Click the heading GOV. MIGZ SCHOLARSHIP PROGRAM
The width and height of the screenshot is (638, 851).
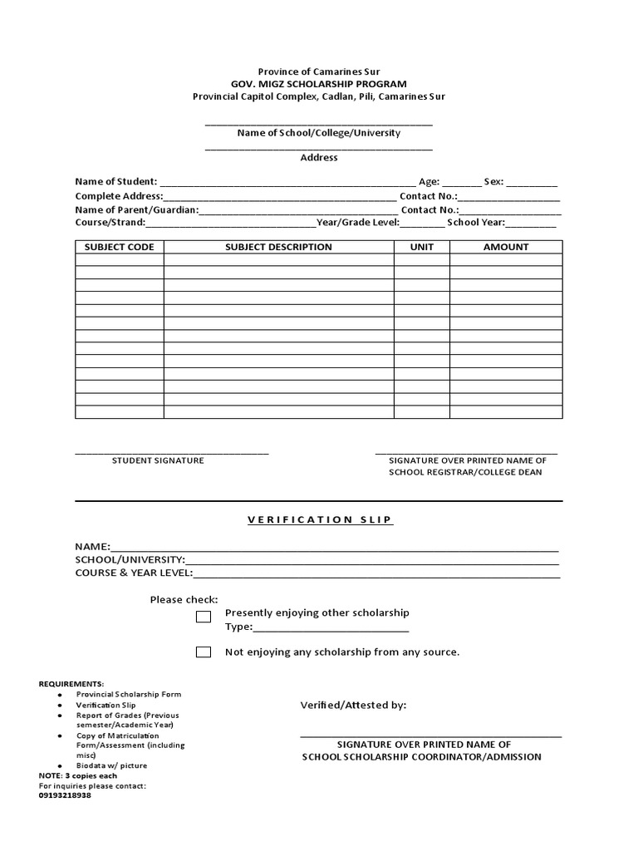point(319,84)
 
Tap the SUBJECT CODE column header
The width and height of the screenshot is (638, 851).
point(120,247)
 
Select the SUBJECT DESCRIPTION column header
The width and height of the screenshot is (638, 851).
point(278,247)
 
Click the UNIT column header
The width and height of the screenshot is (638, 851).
point(422,247)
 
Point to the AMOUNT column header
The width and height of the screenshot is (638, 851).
point(506,247)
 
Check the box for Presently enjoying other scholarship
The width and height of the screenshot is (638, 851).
point(204,617)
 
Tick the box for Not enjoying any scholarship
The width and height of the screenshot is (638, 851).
point(204,652)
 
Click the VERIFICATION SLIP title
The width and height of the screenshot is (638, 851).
point(319,519)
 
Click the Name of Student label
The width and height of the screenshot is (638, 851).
point(115,182)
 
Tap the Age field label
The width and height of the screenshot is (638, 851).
point(429,182)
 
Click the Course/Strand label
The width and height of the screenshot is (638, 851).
point(110,223)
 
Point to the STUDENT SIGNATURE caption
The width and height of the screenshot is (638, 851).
point(158,460)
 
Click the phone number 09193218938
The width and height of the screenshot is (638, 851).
point(65,795)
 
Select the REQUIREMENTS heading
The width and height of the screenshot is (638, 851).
point(71,683)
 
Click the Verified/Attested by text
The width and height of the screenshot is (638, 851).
point(353,706)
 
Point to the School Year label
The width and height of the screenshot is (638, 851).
point(475,223)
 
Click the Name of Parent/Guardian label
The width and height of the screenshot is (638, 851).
point(137,209)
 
